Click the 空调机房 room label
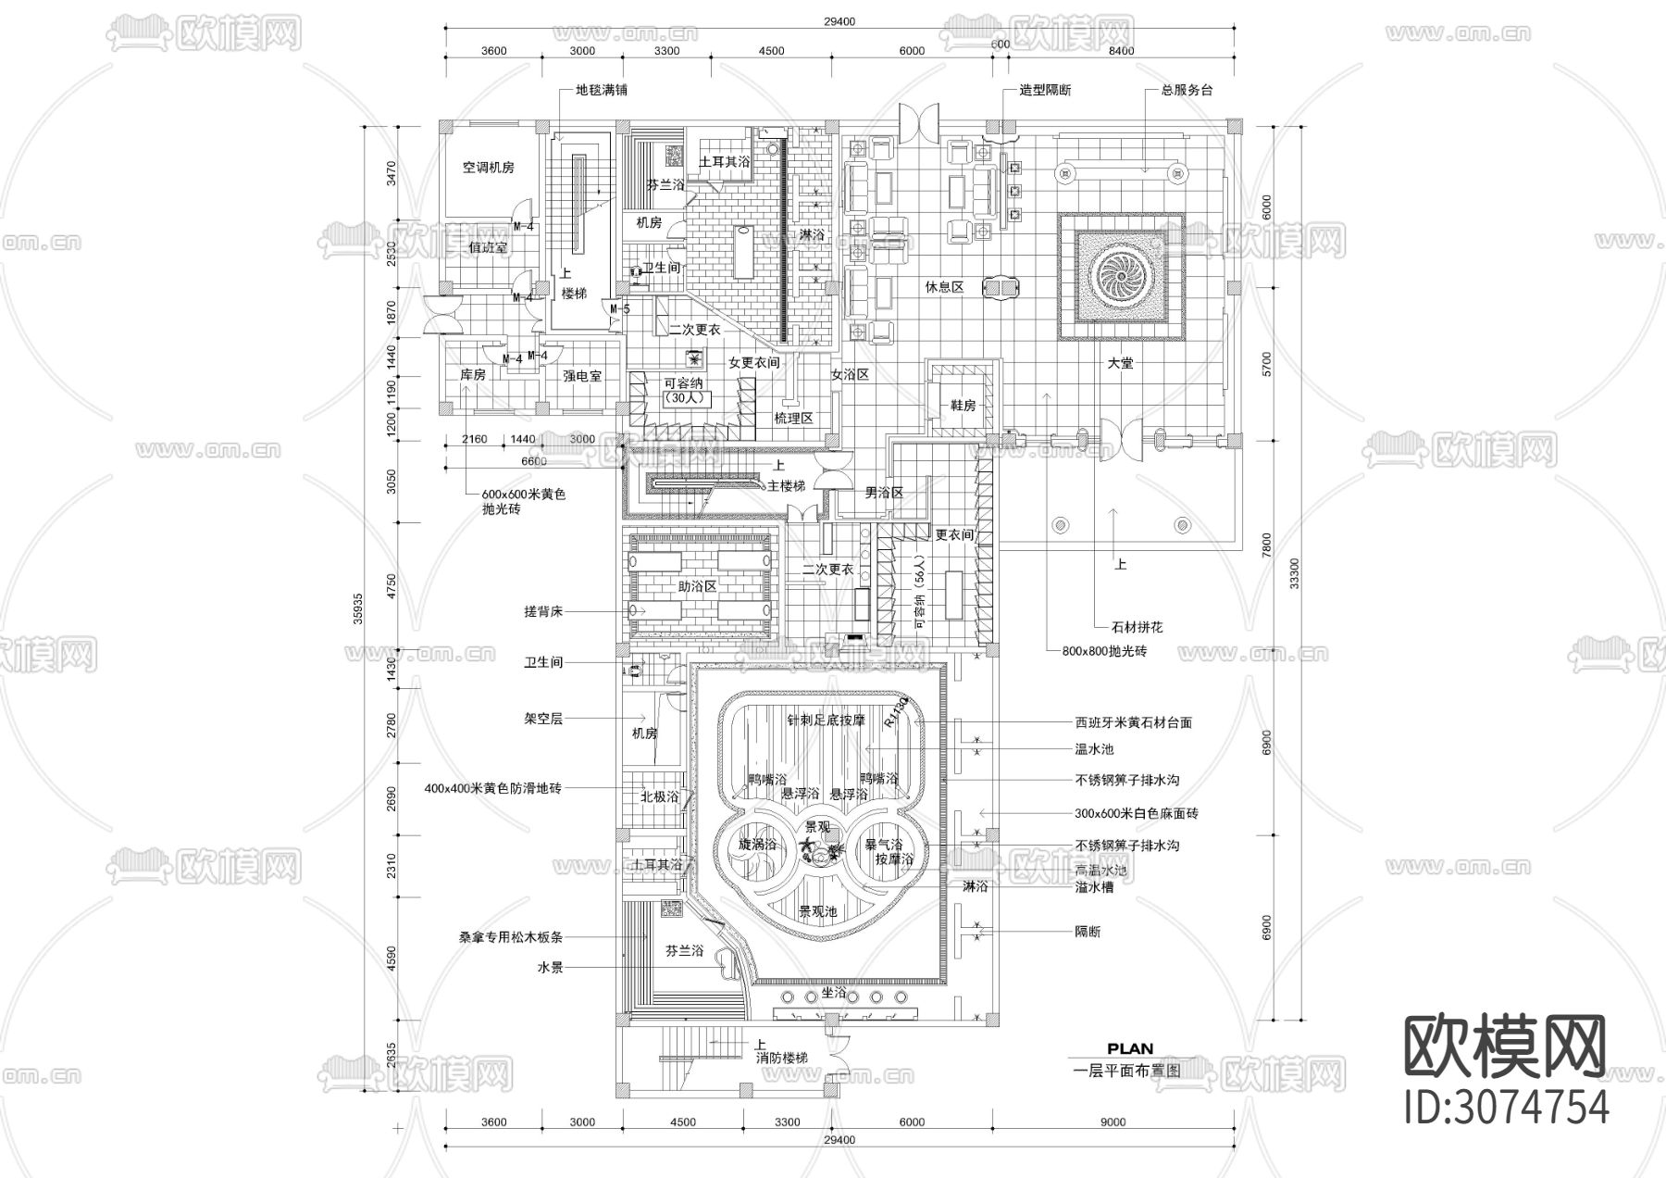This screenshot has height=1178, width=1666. pyautogui.click(x=488, y=168)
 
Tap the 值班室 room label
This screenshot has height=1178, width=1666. pyautogui.click(x=488, y=248)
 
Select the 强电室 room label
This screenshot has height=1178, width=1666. pyautogui.click(x=582, y=376)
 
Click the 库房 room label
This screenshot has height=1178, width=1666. pyautogui.click(x=473, y=375)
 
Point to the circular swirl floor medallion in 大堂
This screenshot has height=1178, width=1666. pyautogui.click(x=1122, y=275)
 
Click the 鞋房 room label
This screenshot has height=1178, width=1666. pyautogui.click(x=964, y=406)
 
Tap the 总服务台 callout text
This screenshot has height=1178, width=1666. pyautogui.click(x=1187, y=91)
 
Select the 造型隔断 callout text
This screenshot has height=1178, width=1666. pyautogui.click(x=1046, y=91)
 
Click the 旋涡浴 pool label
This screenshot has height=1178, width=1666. pyautogui.click(x=757, y=845)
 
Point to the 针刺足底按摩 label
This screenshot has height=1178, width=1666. pyautogui.click(x=827, y=720)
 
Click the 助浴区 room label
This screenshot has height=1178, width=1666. pyautogui.click(x=698, y=587)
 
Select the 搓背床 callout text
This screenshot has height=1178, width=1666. pyautogui.click(x=543, y=611)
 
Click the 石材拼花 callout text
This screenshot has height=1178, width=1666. pyautogui.click(x=1138, y=627)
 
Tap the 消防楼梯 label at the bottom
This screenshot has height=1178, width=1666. pyautogui.click(x=781, y=1058)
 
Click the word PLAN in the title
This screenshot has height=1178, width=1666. pyautogui.click(x=1130, y=1049)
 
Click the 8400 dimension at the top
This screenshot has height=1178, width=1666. pyautogui.click(x=1121, y=51)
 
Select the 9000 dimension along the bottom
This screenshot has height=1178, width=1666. pyautogui.click(x=1113, y=1122)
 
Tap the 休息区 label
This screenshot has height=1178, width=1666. pyautogui.click(x=944, y=287)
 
